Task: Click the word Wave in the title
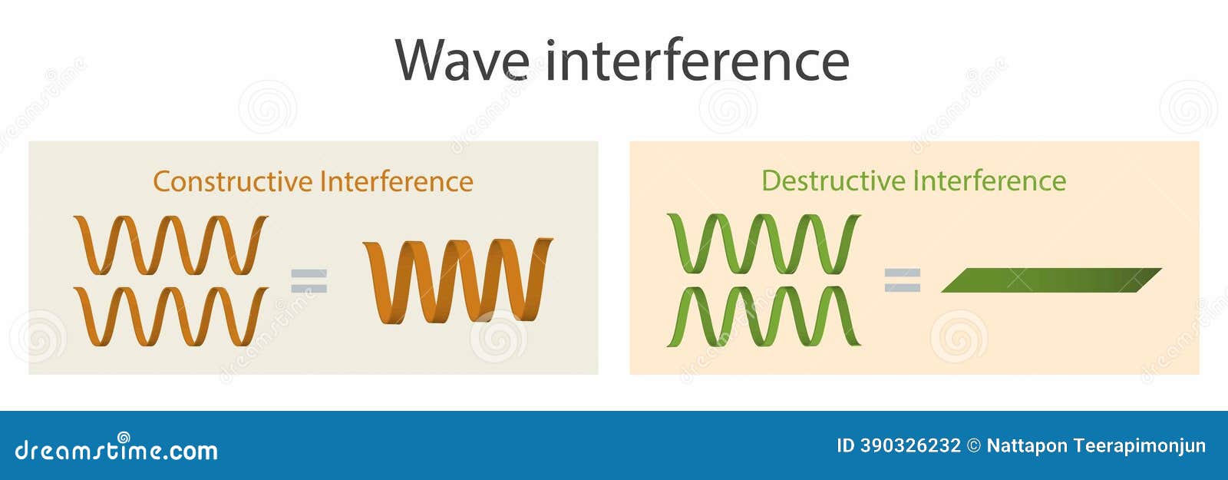[462, 61]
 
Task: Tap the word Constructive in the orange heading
[233, 181]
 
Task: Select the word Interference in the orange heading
[397, 181]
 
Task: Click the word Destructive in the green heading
[834, 180]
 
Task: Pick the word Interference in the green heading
[990, 180]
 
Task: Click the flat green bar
[1051, 280]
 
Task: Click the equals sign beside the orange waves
[309, 281]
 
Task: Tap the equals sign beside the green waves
[902, 280]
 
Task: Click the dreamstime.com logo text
[116, 449]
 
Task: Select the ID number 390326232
[910, 445]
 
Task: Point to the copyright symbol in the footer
[974, 446]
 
